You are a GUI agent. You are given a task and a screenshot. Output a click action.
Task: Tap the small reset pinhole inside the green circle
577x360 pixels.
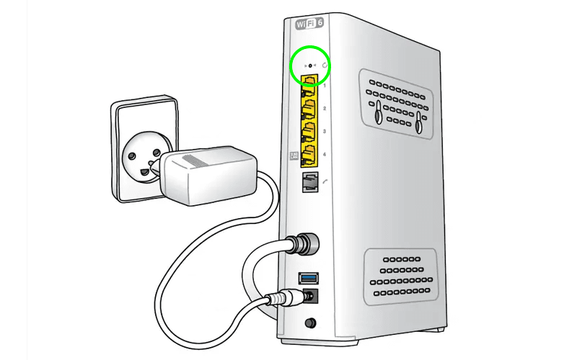pyautogui.click(x=311, y=66)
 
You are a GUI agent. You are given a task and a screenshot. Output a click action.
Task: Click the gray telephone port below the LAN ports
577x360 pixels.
pyautogui.click(x=309, y=181)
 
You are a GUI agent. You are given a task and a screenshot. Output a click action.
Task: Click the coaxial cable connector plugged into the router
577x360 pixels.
pyautogui.click(x=301, y=246)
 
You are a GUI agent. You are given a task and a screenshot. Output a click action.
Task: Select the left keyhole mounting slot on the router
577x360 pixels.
pyautogui.click(x=378, y=113)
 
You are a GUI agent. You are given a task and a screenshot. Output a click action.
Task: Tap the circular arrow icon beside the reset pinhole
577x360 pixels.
pyautogui.click(x=325, y=66)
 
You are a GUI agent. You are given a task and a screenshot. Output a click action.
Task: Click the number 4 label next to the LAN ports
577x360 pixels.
pyautogui.click(x=325, y=155)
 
